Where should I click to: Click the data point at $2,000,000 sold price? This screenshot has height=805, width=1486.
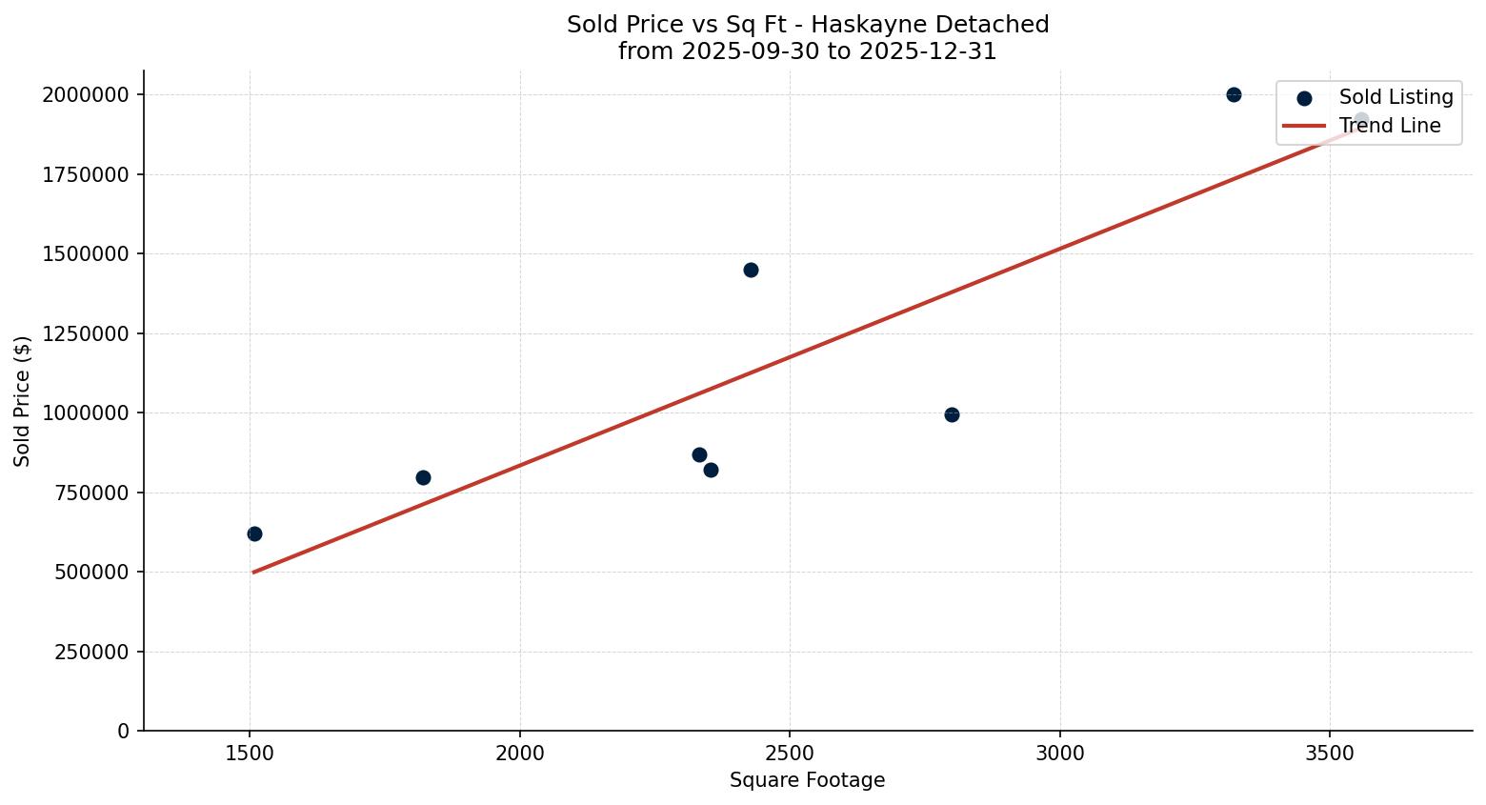click(1234, 94)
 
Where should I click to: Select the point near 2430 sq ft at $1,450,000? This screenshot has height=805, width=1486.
click(751, 270)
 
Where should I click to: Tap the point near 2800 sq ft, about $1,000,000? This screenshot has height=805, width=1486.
click(952, 414)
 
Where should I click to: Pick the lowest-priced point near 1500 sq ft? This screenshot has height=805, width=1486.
click(254, 533)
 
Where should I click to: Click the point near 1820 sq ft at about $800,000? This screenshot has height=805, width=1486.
click(423, 477)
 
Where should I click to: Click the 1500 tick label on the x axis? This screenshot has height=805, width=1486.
click(250, 754)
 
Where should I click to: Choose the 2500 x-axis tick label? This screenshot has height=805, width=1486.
click(790, 754)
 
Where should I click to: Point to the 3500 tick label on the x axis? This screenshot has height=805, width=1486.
click(1330, 754)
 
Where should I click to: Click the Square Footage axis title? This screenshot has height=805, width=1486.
click(807, 781)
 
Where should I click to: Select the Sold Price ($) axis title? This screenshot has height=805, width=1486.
click(23, 401)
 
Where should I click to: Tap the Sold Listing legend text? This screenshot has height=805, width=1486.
click(1396, 97)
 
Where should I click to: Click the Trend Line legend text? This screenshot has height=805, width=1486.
click(1390, 126)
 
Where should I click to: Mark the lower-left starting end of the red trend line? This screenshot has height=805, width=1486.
click(253, 572)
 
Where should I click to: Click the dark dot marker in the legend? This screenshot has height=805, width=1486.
click(1304, 98)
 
